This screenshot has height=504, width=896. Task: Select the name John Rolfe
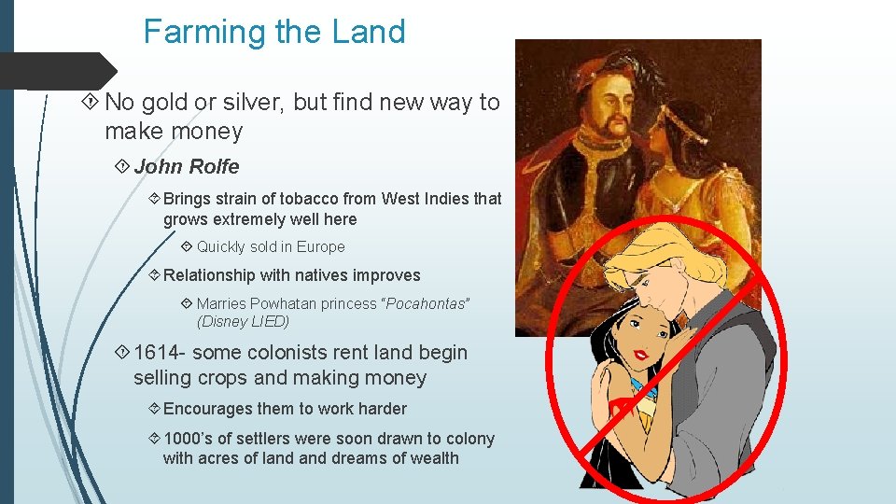click(x=187, y=167)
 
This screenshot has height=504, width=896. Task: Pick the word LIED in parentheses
click(x=270, y=322)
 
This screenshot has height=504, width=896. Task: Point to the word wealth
click(x=431, y=458)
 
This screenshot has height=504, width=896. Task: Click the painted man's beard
click(x=616, y=127)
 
